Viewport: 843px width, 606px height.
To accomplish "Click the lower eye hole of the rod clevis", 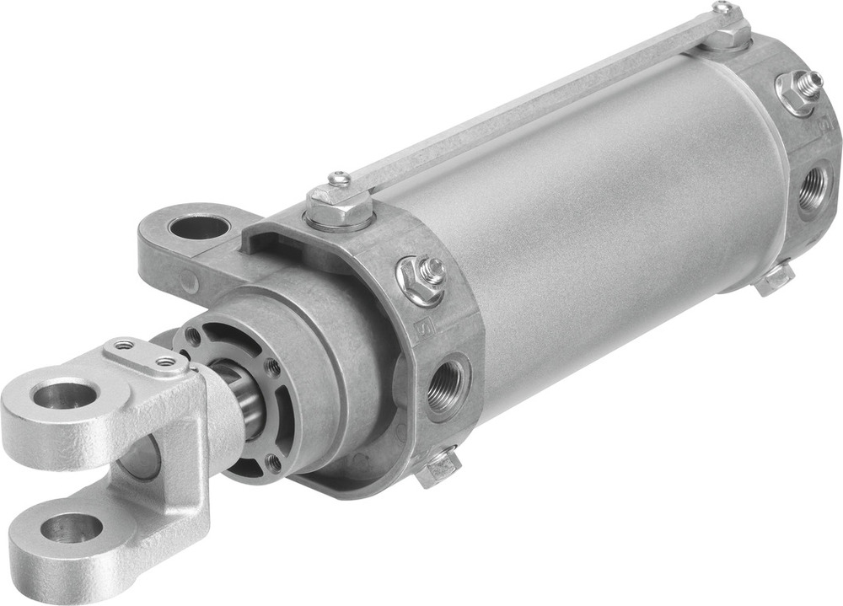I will coord(71,528).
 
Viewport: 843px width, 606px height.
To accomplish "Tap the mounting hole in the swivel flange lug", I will coord(197,228).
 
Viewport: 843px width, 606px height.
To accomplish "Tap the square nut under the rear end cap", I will coord(776,277).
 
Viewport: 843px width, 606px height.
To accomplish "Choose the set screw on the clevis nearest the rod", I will coord(165,362).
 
